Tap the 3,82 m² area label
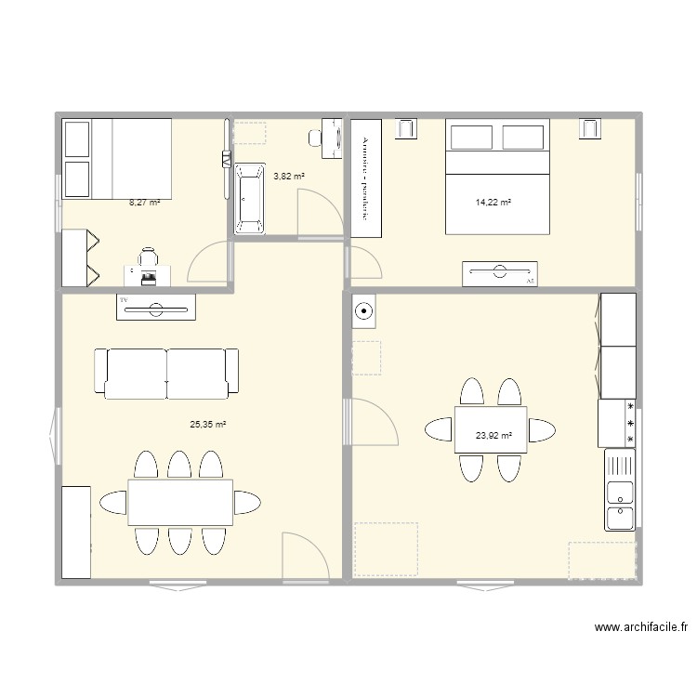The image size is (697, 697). pos(289,176)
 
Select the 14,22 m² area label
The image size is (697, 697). pos(493,202)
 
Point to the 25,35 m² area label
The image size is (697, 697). pos(208,425)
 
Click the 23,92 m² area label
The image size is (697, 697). pos(493,433)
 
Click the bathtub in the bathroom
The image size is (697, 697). pos(249,198)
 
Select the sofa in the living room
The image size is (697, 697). pos(166,374)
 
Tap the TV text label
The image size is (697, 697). pos(123,300)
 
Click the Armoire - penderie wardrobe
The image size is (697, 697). pos(366,178)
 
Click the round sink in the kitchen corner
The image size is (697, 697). pos(363,312)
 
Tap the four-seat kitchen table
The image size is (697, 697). pos(490,429)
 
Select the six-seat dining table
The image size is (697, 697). pos(179,502)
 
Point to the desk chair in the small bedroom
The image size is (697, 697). pos(148,259)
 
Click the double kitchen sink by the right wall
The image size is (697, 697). pos(620,490)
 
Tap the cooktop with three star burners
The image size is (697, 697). pos(618,423)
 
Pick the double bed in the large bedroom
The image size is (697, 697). pos(497,177)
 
